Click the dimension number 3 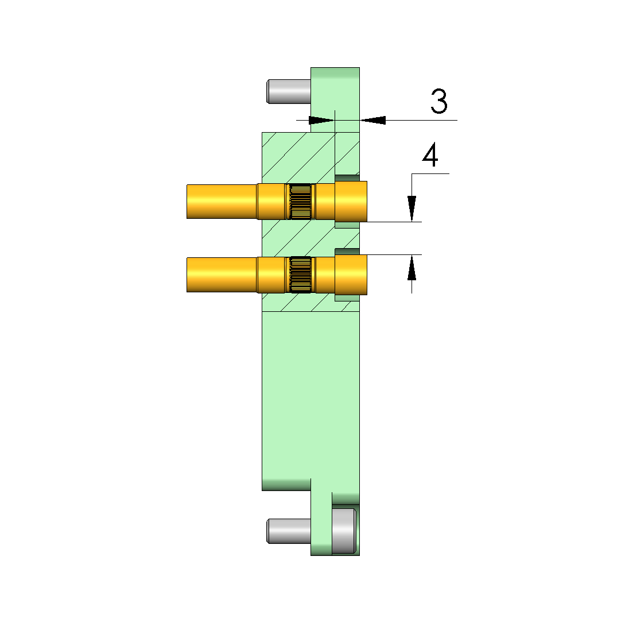pos(439,101)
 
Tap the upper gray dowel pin pos(289,92)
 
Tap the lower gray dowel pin pos(289,531)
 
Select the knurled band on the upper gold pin pos(300,202)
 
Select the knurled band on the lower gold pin pos(300,275)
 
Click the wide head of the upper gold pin pos(351,202)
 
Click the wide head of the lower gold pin pos(351,275)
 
